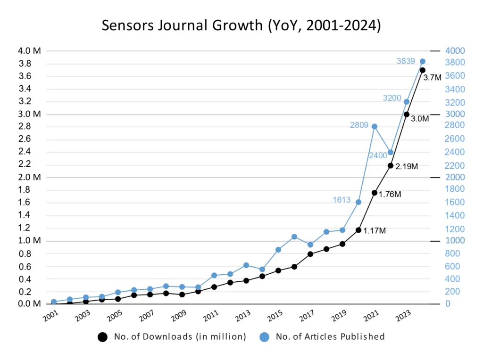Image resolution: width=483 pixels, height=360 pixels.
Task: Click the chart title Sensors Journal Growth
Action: click(x=241, y=25)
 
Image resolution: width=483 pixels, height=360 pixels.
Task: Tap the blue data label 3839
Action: click(x=407, y=61)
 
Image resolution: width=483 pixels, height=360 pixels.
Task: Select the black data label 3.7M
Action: click(x=433, y=78)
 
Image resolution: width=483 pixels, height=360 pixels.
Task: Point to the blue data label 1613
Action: click(x=342, y=199)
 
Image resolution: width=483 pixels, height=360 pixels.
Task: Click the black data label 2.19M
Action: click(x=407, y=166)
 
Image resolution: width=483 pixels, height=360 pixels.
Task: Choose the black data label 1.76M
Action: click(x=390, y=194)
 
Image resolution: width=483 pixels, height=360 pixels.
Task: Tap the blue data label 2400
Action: click(x=378, y=155)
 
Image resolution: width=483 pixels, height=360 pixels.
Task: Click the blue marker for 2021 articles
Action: click(x=375, y=126)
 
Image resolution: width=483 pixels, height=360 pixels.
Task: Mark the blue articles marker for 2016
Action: click(x=294, y=237)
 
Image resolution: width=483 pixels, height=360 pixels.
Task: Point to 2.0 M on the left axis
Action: click(x=30, y=177)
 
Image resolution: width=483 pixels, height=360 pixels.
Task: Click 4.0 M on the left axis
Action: click(x=30, y=50)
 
